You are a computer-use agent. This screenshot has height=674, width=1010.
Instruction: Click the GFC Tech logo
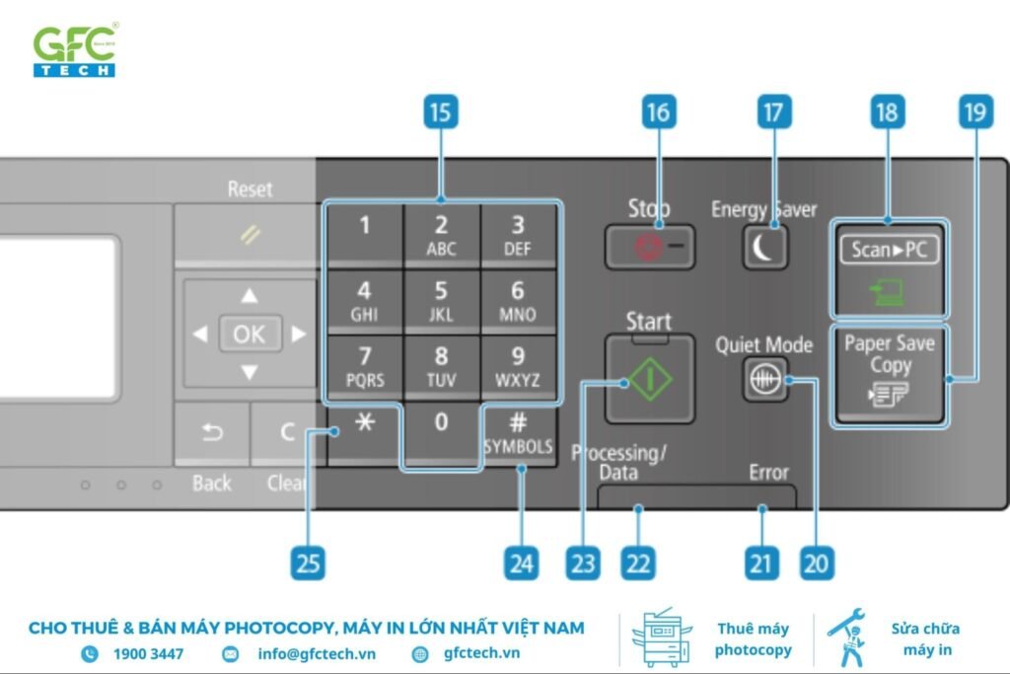pyautogui.click(x=75, y=50)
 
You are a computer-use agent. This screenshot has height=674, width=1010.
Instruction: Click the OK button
pyautogui.click(x=249, y=334)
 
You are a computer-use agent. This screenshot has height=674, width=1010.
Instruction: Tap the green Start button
pyautogui.click(x=649, y=380)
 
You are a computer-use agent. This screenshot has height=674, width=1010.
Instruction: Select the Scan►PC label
pyautogui.click(x=889, y=250)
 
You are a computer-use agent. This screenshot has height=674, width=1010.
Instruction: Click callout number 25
pyautogui.click(x=309, y=563)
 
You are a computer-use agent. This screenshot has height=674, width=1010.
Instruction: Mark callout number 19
pyautogui.click(x=973, y=112)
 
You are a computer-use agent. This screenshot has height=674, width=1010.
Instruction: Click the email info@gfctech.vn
pyautogui.click(x=317, y=653)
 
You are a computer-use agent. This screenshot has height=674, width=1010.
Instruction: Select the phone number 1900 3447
pyautogui.click(x=148, y=653)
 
